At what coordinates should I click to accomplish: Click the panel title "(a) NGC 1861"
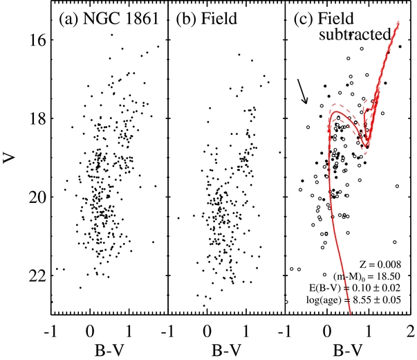click(109, 19)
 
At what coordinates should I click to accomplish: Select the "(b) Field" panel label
click(206, 19)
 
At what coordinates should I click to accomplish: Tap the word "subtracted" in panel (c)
click(355, 35)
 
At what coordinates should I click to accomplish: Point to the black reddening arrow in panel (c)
click(302, 91)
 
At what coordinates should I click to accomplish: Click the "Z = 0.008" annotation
click(380, 264)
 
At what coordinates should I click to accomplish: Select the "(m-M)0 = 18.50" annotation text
click(367, 276)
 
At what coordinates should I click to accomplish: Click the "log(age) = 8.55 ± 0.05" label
click(353, 300)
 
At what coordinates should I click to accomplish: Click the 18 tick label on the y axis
click(37, 118)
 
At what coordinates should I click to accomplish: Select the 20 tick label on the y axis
click(37, 197)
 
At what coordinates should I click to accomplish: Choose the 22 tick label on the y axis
click(37, 276)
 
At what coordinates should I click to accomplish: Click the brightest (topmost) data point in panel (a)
click(112, 35)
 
